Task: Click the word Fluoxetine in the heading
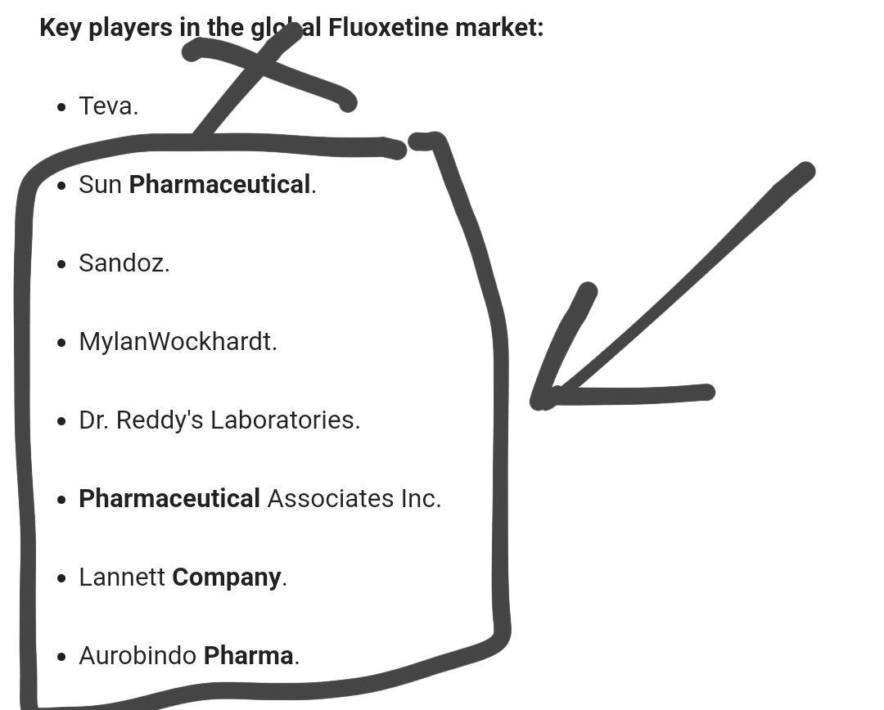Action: (x=388, y=28)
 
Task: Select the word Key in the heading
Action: (x=60, y=28)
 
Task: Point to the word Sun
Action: (x=100, y=185)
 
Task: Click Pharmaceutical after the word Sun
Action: (x=219, y=185)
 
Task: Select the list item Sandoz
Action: (x=124, y=263)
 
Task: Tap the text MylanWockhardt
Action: (x=178, y=342)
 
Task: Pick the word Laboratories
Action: (x=284, y=420)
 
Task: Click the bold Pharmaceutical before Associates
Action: (x=169, y=499)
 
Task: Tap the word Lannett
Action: (x=122, y=577)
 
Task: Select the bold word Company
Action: (x=227, y=577)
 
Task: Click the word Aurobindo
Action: (x=138, y=656)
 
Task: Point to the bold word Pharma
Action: (x=248, y=656)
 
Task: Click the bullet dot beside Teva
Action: (x=62, y=107)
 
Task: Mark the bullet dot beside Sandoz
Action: (x=62, y=264)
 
